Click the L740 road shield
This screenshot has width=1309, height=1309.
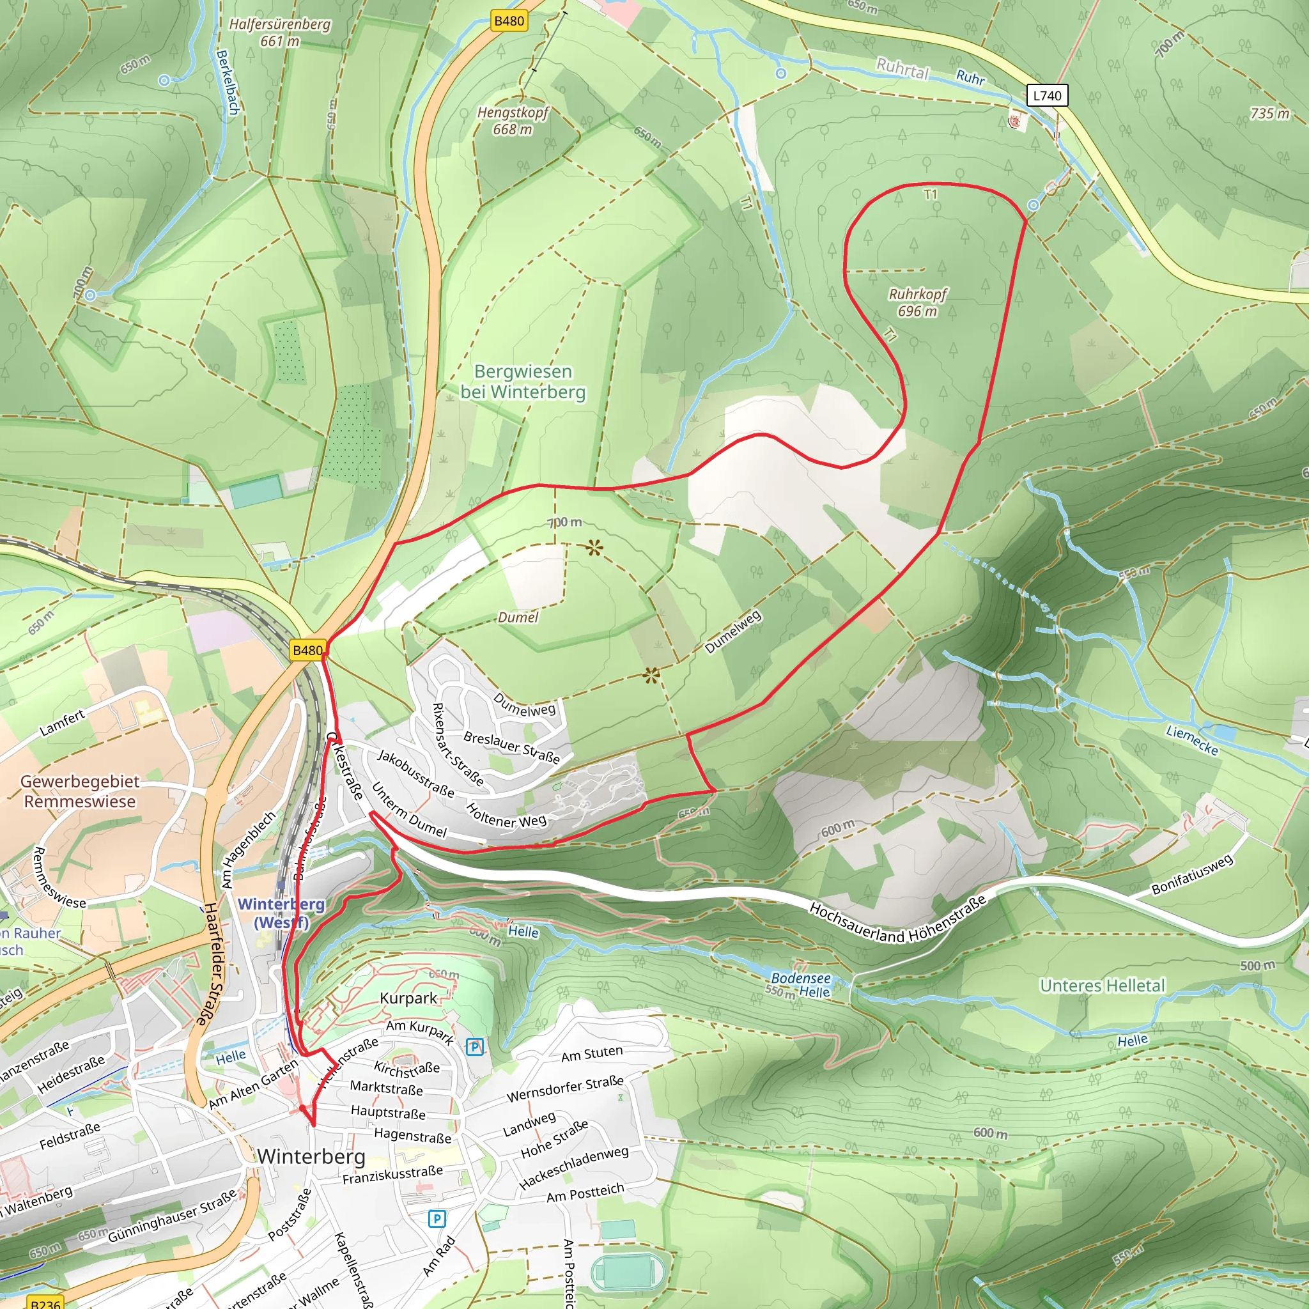tap(1047, 95)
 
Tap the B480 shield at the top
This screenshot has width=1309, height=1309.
tap(509, 21)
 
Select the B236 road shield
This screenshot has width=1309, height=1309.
tap(45, 1303)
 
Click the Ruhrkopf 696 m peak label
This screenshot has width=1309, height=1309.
tap(917, 302)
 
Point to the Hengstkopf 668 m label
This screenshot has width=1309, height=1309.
tap(512, 121)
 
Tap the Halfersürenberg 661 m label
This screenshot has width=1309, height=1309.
tap(280, 33)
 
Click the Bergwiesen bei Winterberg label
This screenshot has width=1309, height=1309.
tap(522, 382)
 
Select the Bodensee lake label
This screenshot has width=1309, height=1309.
tap(800, 979)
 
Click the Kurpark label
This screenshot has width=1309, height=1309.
tap(408, 998)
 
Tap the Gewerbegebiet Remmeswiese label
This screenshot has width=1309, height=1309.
tap(80, 791)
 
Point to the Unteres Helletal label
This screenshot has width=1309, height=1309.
tap(1103, 986)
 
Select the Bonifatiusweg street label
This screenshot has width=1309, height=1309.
tap(1193, 875)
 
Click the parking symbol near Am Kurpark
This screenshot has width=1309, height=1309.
tap(475, 1047)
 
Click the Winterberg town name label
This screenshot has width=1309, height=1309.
tap(311, 1156)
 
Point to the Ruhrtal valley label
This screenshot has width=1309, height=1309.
tap(902, 68)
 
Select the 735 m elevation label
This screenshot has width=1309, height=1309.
tap(1269, 114)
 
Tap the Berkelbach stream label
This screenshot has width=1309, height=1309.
tap(228, 81)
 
